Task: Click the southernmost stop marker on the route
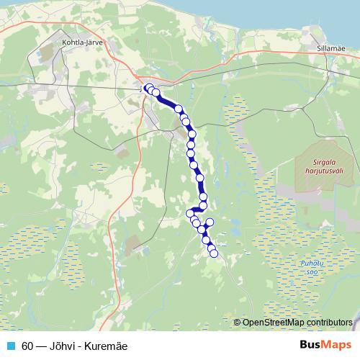[214, 253]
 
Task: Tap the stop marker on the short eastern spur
[211, 222]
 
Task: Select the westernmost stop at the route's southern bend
[190, 213]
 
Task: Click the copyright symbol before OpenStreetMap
[238, 322]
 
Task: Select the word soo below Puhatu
[309, 272]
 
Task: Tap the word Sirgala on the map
[315, 163]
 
